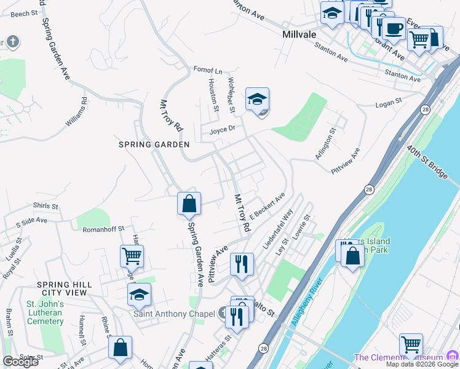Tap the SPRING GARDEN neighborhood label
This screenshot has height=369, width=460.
click(x=154, y=145)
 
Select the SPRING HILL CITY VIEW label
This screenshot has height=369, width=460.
click(x=64, y=288)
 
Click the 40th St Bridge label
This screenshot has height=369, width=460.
click(x=427, y=162)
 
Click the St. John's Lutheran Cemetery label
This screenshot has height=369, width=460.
click(x=45, y=312)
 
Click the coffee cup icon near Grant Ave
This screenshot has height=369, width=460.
click(x=394, y=28)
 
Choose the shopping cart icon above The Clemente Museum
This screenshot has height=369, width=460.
click(x=411, y=346)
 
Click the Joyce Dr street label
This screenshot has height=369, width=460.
click(x=222, y=130)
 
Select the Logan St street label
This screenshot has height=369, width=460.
click(x=388, y=103)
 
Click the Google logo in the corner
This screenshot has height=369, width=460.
click(x=20, y=362)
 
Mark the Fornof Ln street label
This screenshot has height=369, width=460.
click(x=208, y=70)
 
